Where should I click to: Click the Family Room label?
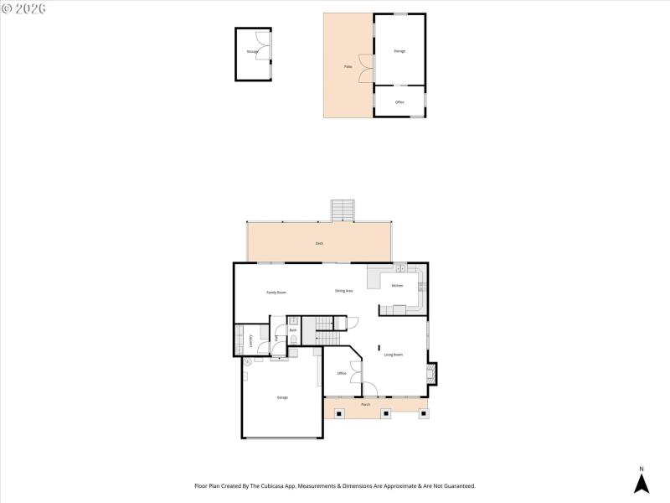[276, 293]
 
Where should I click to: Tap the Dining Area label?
[343, 291]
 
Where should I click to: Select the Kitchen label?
[397, 286]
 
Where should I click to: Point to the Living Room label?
[394, 355]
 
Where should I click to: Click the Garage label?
[282, 397]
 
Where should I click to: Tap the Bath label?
[293, 330]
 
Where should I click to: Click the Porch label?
[365, 405]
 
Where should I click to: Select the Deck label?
[319, 243]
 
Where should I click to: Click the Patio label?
[348, 66]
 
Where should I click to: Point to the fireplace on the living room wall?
[431, 373]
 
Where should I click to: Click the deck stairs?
[343, 210]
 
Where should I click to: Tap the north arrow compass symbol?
[641, 484]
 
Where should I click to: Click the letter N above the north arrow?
[641, 469]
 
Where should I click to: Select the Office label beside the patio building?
[399, 102]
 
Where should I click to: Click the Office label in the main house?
[342, 373]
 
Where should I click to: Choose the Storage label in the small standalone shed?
[251, 52]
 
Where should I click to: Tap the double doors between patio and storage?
[364, 68]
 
